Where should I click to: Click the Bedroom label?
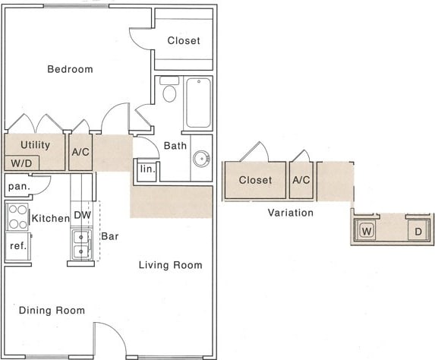[70, 69]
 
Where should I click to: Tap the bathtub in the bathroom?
[198, 103]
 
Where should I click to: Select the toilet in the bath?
[169, 92]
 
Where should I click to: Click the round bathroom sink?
[201, 159]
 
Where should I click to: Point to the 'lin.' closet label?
[147, 169]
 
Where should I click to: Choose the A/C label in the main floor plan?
[81, 152]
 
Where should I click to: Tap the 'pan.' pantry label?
[18, 185]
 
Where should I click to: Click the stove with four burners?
[17, 217]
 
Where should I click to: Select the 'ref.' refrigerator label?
[17, 246]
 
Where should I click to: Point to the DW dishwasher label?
[82, 216]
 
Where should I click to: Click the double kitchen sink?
[81, 244]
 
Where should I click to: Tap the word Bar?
[110, 236]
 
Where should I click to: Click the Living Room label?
[170, 265]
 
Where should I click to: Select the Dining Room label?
[52, 310]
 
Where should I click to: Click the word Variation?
[290, 213]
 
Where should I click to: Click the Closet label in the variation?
[255, 180]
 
